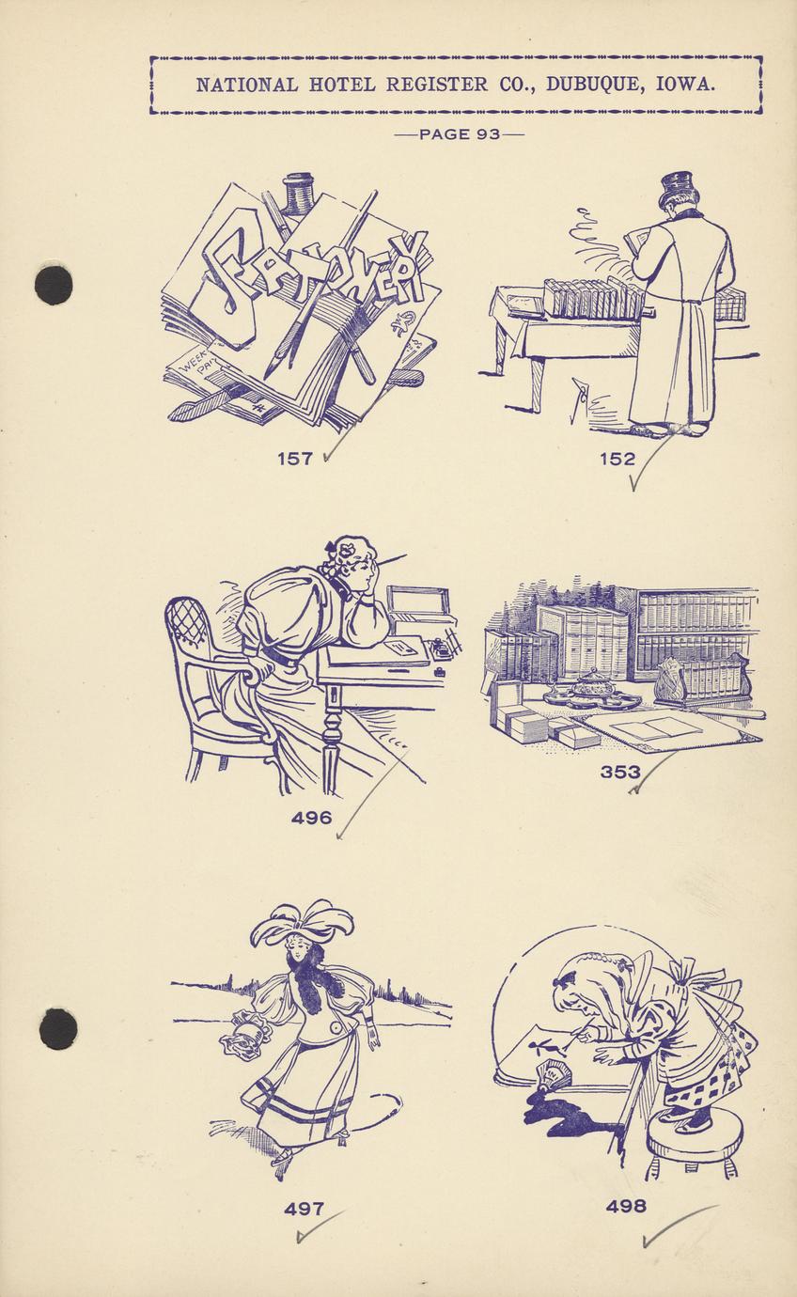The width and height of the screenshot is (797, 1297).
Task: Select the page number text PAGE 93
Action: click(x=459, y=134)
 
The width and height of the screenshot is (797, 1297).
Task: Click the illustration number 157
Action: click(x=295, y=460)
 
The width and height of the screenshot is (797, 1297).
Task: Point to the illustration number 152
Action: click(x=617, y=460)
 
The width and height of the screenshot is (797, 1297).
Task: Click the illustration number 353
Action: click(x=620, y=772)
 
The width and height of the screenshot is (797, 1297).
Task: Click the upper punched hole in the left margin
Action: click(x=54, y=284)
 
